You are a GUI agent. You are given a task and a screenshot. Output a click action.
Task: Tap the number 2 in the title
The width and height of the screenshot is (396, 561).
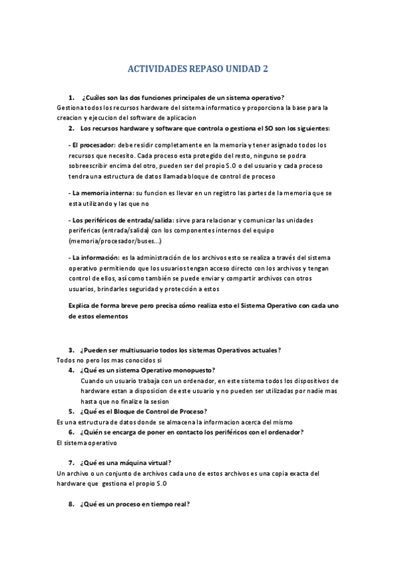(x=266, y=68)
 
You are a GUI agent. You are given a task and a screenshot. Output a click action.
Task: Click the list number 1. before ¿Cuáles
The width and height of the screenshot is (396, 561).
(x=71, y=97)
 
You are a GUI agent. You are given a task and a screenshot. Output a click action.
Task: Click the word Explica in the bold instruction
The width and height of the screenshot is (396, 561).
(x=83, y=306)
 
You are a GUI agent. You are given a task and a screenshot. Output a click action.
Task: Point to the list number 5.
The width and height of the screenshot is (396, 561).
(x=71, y=411)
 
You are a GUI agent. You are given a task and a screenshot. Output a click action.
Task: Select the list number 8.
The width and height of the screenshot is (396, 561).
(x=71, y=504)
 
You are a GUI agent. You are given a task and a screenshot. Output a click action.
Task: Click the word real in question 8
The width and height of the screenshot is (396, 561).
(x=178, y=504)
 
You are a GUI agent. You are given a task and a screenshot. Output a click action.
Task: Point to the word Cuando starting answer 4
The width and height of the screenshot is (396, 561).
(x=93, y=381)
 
